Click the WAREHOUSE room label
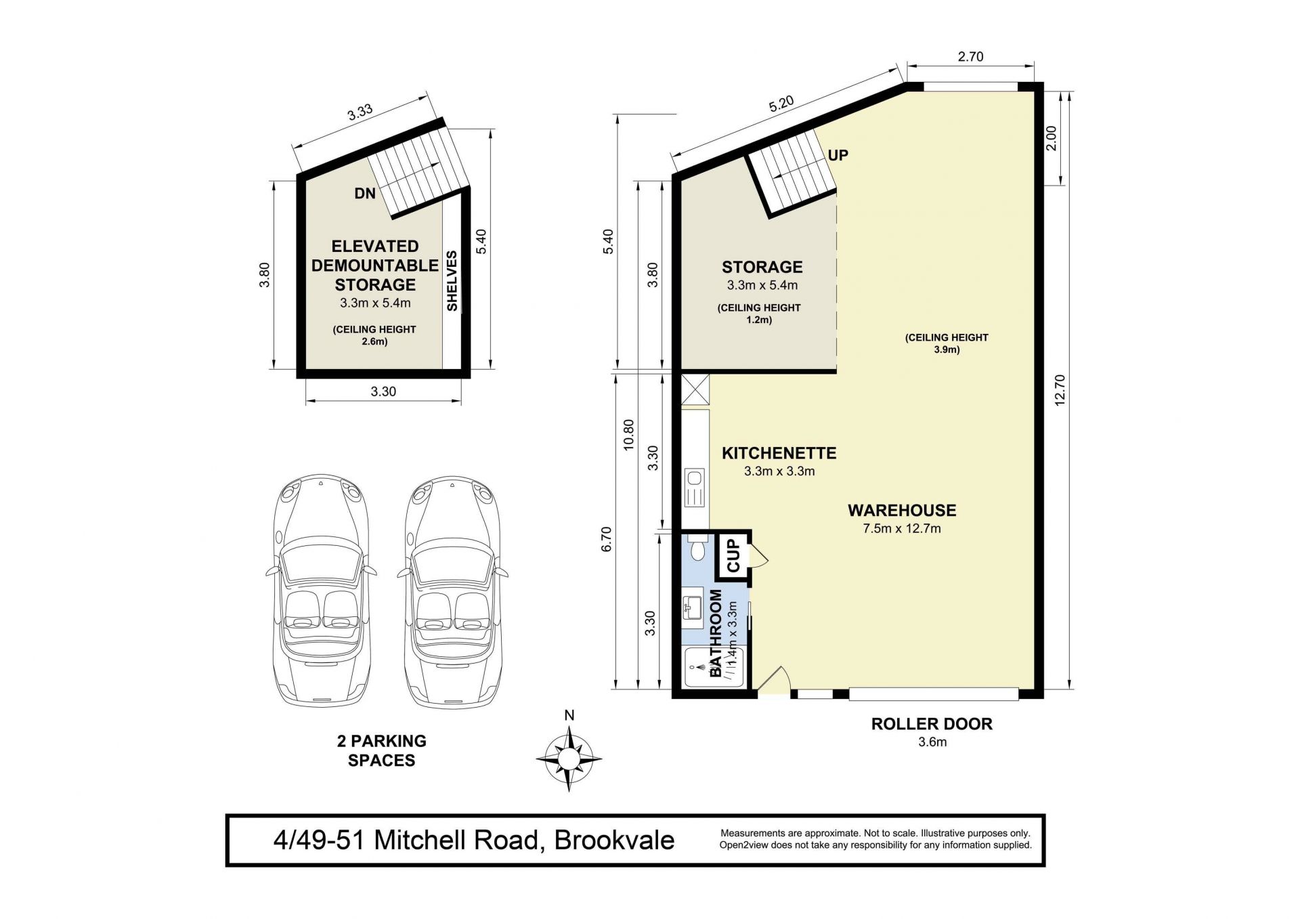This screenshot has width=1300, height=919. click(902, 510)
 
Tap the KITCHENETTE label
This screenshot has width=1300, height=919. click(779, 453)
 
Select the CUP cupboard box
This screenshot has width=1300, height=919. click(734, 555)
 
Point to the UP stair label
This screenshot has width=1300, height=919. click(838, 155)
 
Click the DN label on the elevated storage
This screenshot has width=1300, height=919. click(365, 194)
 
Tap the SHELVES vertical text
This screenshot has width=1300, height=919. click(452, 281)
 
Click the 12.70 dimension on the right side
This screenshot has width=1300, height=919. click(1060, 390)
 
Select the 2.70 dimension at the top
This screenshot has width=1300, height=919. click(970, 57)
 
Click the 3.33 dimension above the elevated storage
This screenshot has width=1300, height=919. click(360, 112)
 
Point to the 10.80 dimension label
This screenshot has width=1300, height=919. click(628, 435)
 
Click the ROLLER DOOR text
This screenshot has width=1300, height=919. click(932, 724)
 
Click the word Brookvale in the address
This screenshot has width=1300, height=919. click(614, 840)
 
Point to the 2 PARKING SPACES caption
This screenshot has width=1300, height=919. click(381, 750)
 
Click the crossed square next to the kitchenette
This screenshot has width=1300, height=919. click(695, 390)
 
